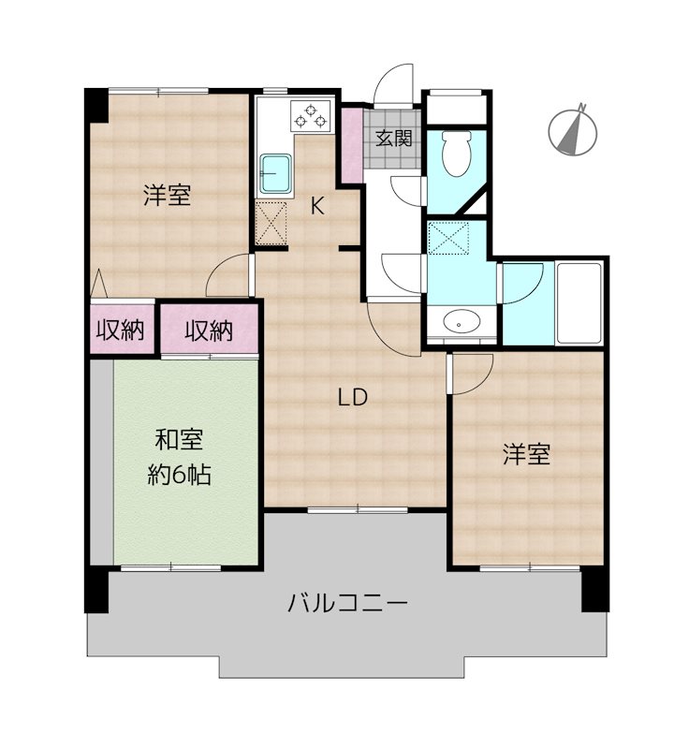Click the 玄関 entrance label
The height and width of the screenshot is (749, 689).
point(393,139)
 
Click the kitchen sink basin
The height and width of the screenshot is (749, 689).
point(277,172)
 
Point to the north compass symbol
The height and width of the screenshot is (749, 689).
point(571,131)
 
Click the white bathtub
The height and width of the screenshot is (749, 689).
point(579,302)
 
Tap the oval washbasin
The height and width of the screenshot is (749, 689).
point(461,323)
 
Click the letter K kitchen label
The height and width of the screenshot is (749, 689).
point(317,207)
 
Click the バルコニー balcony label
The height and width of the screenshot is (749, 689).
point(347,602)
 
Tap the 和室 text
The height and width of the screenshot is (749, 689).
point(178,440)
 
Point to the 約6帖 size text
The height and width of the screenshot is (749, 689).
point(178,475)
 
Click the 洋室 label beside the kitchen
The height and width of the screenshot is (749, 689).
point(167,196)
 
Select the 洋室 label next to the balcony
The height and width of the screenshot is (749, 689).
point(525,455)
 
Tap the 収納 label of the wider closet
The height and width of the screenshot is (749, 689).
point(207,330)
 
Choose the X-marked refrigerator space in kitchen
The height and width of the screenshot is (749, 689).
point(271,223)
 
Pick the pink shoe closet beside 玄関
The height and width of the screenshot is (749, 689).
point(350,146)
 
